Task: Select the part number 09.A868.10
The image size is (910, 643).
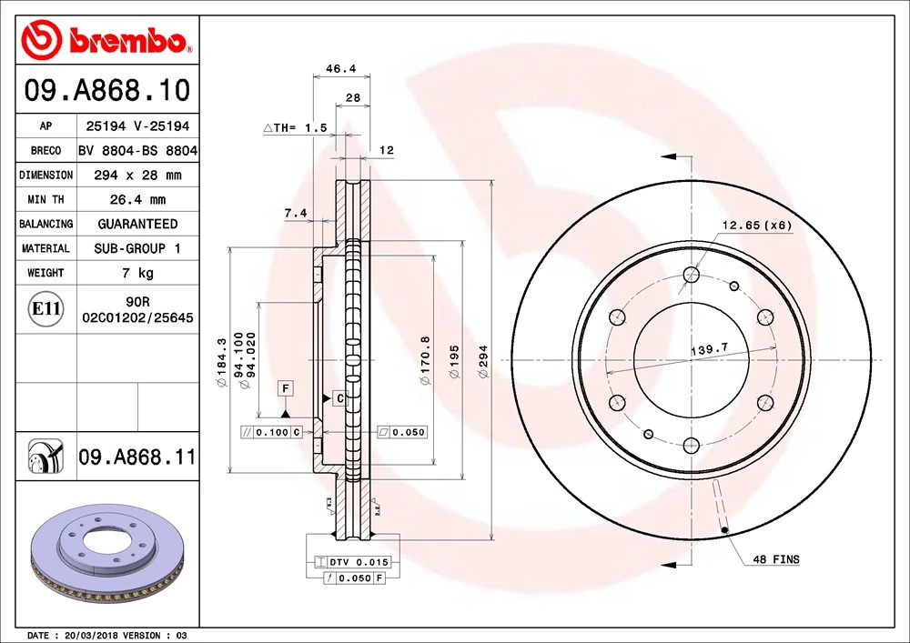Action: tap(107, 91)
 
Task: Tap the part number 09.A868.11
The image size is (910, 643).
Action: tap(137, 457)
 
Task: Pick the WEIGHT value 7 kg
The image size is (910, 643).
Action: tap(137, 273)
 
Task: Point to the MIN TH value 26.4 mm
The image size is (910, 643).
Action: tap(137, 199)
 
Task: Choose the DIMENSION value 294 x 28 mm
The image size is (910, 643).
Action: tap(137, 175)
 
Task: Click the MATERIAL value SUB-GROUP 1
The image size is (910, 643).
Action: tap(137, 248)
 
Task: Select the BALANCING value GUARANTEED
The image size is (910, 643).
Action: tap(137, 224)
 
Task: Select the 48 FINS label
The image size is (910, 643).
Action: tap(775, 559)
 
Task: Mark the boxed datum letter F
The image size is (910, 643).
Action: tap(286, 388)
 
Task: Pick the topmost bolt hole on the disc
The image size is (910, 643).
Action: tap(691, 275)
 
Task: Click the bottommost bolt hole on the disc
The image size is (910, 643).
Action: tap(691, 445)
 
